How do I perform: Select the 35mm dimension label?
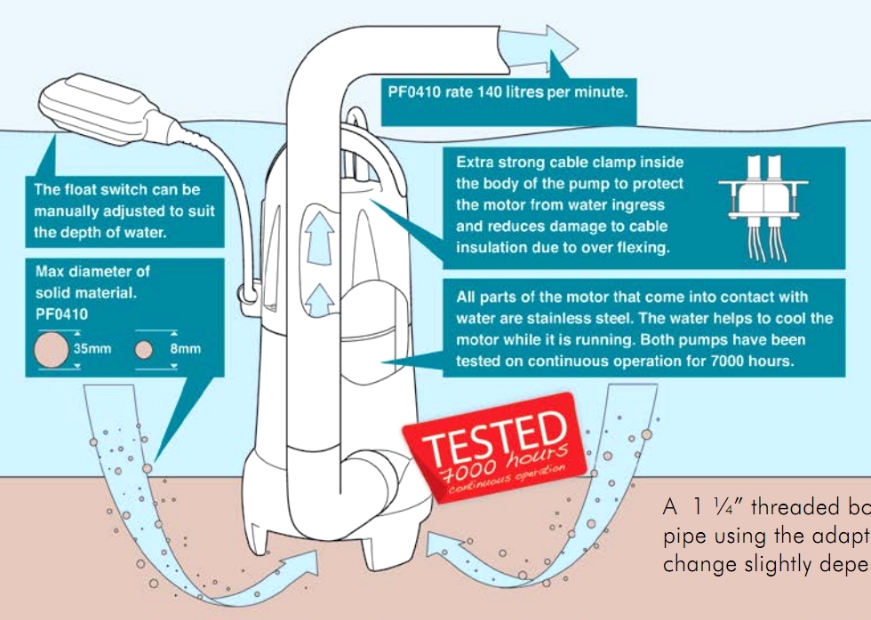[92, 349]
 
